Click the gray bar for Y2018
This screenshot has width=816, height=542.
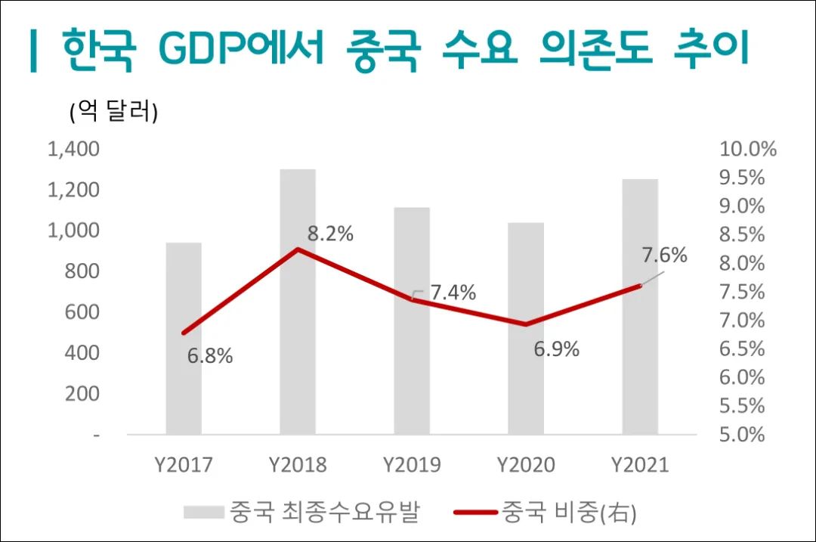(x=298, y=340)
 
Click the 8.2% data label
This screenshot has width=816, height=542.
(x=330, y=234)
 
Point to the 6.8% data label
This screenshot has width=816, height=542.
(x=209, y=356)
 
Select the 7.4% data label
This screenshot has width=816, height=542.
(x=453, y=293)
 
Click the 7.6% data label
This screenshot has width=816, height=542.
(x=664, y=256)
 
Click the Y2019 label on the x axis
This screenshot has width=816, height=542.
(x=412, y=464)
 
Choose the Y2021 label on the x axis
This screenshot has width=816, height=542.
(x=640, y=464)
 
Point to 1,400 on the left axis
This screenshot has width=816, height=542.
(x=73, y=149)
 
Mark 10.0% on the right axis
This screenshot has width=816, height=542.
(x=748, y=149)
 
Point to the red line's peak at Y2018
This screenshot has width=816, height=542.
(x=298, y=249)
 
